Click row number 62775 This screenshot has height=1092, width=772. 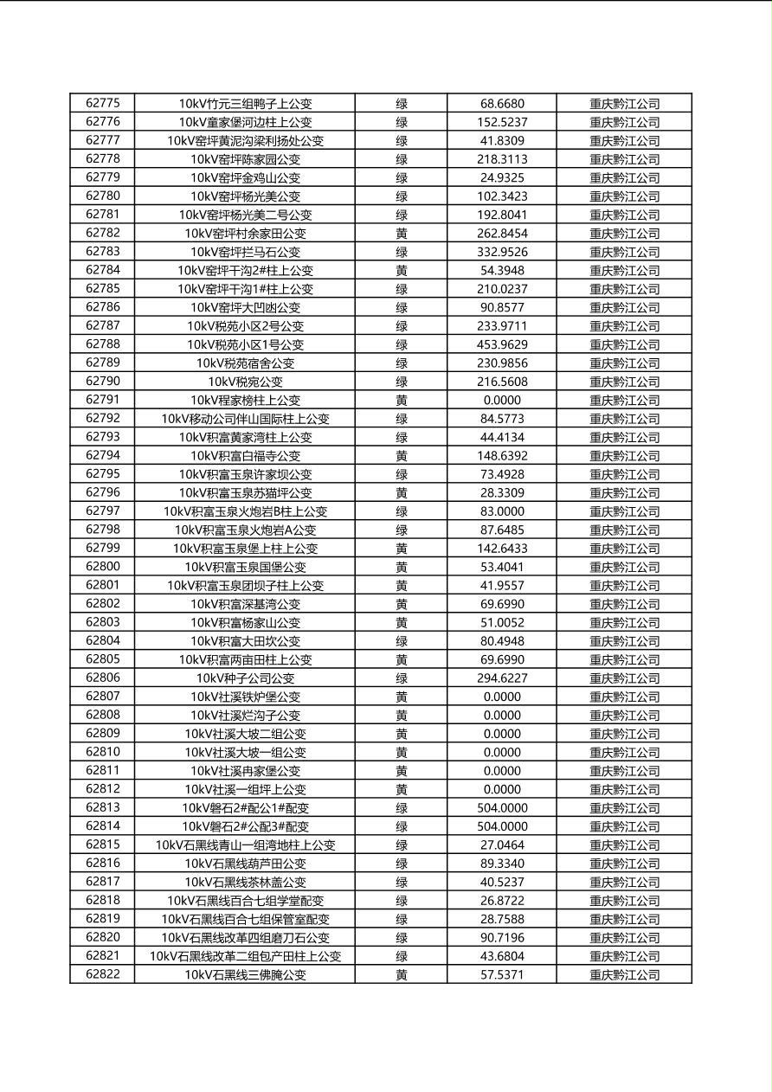(x=103, y=104)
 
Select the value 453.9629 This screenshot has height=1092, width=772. (x=502, y=344)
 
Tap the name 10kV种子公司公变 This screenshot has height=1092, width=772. (x=245, y=678)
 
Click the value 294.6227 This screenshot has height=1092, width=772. (x=502, y=678)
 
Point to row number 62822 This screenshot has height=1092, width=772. (x=103, y=974)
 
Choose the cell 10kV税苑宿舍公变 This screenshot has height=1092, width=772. (x=245, y=363)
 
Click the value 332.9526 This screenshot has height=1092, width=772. (x=502, y=252)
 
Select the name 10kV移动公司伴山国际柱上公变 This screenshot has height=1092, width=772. (x=245, y=419)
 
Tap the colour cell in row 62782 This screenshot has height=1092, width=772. (x=402, y=234)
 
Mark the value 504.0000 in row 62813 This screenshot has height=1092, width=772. (x=502, y=808)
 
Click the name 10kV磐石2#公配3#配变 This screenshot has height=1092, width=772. (x=245, y=826)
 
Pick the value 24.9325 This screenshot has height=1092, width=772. (x=502, y=178)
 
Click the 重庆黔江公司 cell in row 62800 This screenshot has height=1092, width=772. (x=624, y=568)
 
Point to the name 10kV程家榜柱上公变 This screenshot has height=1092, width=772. (x=245, y=401)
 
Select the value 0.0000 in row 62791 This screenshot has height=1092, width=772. (x=502, y=401)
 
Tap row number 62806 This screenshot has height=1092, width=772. (x=103, y=678)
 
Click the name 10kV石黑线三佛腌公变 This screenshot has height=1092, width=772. (x=245, y=974)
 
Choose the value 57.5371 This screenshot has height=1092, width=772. (x=502, y=974)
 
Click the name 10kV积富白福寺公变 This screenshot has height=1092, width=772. (x=245, y=456)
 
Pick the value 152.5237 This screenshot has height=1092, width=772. (x=502, y=123)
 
